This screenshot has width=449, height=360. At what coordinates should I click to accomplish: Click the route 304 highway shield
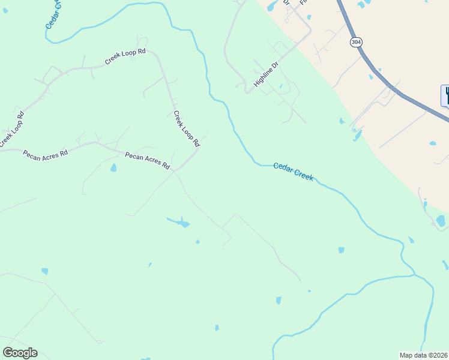356,42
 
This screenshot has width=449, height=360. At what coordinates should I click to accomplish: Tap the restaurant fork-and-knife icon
445,95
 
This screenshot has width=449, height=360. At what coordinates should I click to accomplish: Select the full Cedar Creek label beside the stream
293,172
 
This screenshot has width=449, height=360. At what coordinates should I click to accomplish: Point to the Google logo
20,352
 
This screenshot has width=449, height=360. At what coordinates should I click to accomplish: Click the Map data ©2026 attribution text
424,355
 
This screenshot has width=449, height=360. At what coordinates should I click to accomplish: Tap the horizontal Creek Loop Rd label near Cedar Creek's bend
125,56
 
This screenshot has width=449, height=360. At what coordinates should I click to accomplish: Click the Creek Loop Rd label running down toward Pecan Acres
186,129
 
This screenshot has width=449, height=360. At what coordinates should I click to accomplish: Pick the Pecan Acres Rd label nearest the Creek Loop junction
147,160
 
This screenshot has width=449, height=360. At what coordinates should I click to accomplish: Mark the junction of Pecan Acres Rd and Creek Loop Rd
174,170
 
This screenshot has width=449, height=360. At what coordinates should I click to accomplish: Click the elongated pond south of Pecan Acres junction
179,223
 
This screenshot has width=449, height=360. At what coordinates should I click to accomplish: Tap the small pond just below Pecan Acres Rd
113,168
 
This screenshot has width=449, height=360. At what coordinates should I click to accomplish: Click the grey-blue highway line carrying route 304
384,80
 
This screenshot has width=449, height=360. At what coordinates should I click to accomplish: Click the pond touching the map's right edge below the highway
441,221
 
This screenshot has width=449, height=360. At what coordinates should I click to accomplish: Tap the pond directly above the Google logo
44,271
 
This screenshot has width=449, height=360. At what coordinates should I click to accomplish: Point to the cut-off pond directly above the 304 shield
361,5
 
